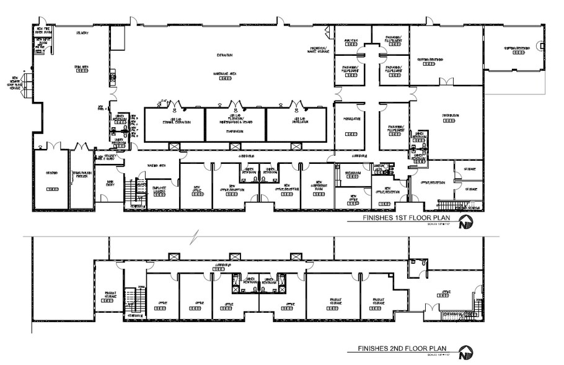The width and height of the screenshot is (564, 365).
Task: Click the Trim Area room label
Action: (81, 67)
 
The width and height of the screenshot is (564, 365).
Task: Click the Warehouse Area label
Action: (224, 73)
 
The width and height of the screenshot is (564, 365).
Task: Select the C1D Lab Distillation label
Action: (296, 120)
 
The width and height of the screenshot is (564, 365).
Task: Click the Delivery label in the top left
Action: (82, 32)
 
